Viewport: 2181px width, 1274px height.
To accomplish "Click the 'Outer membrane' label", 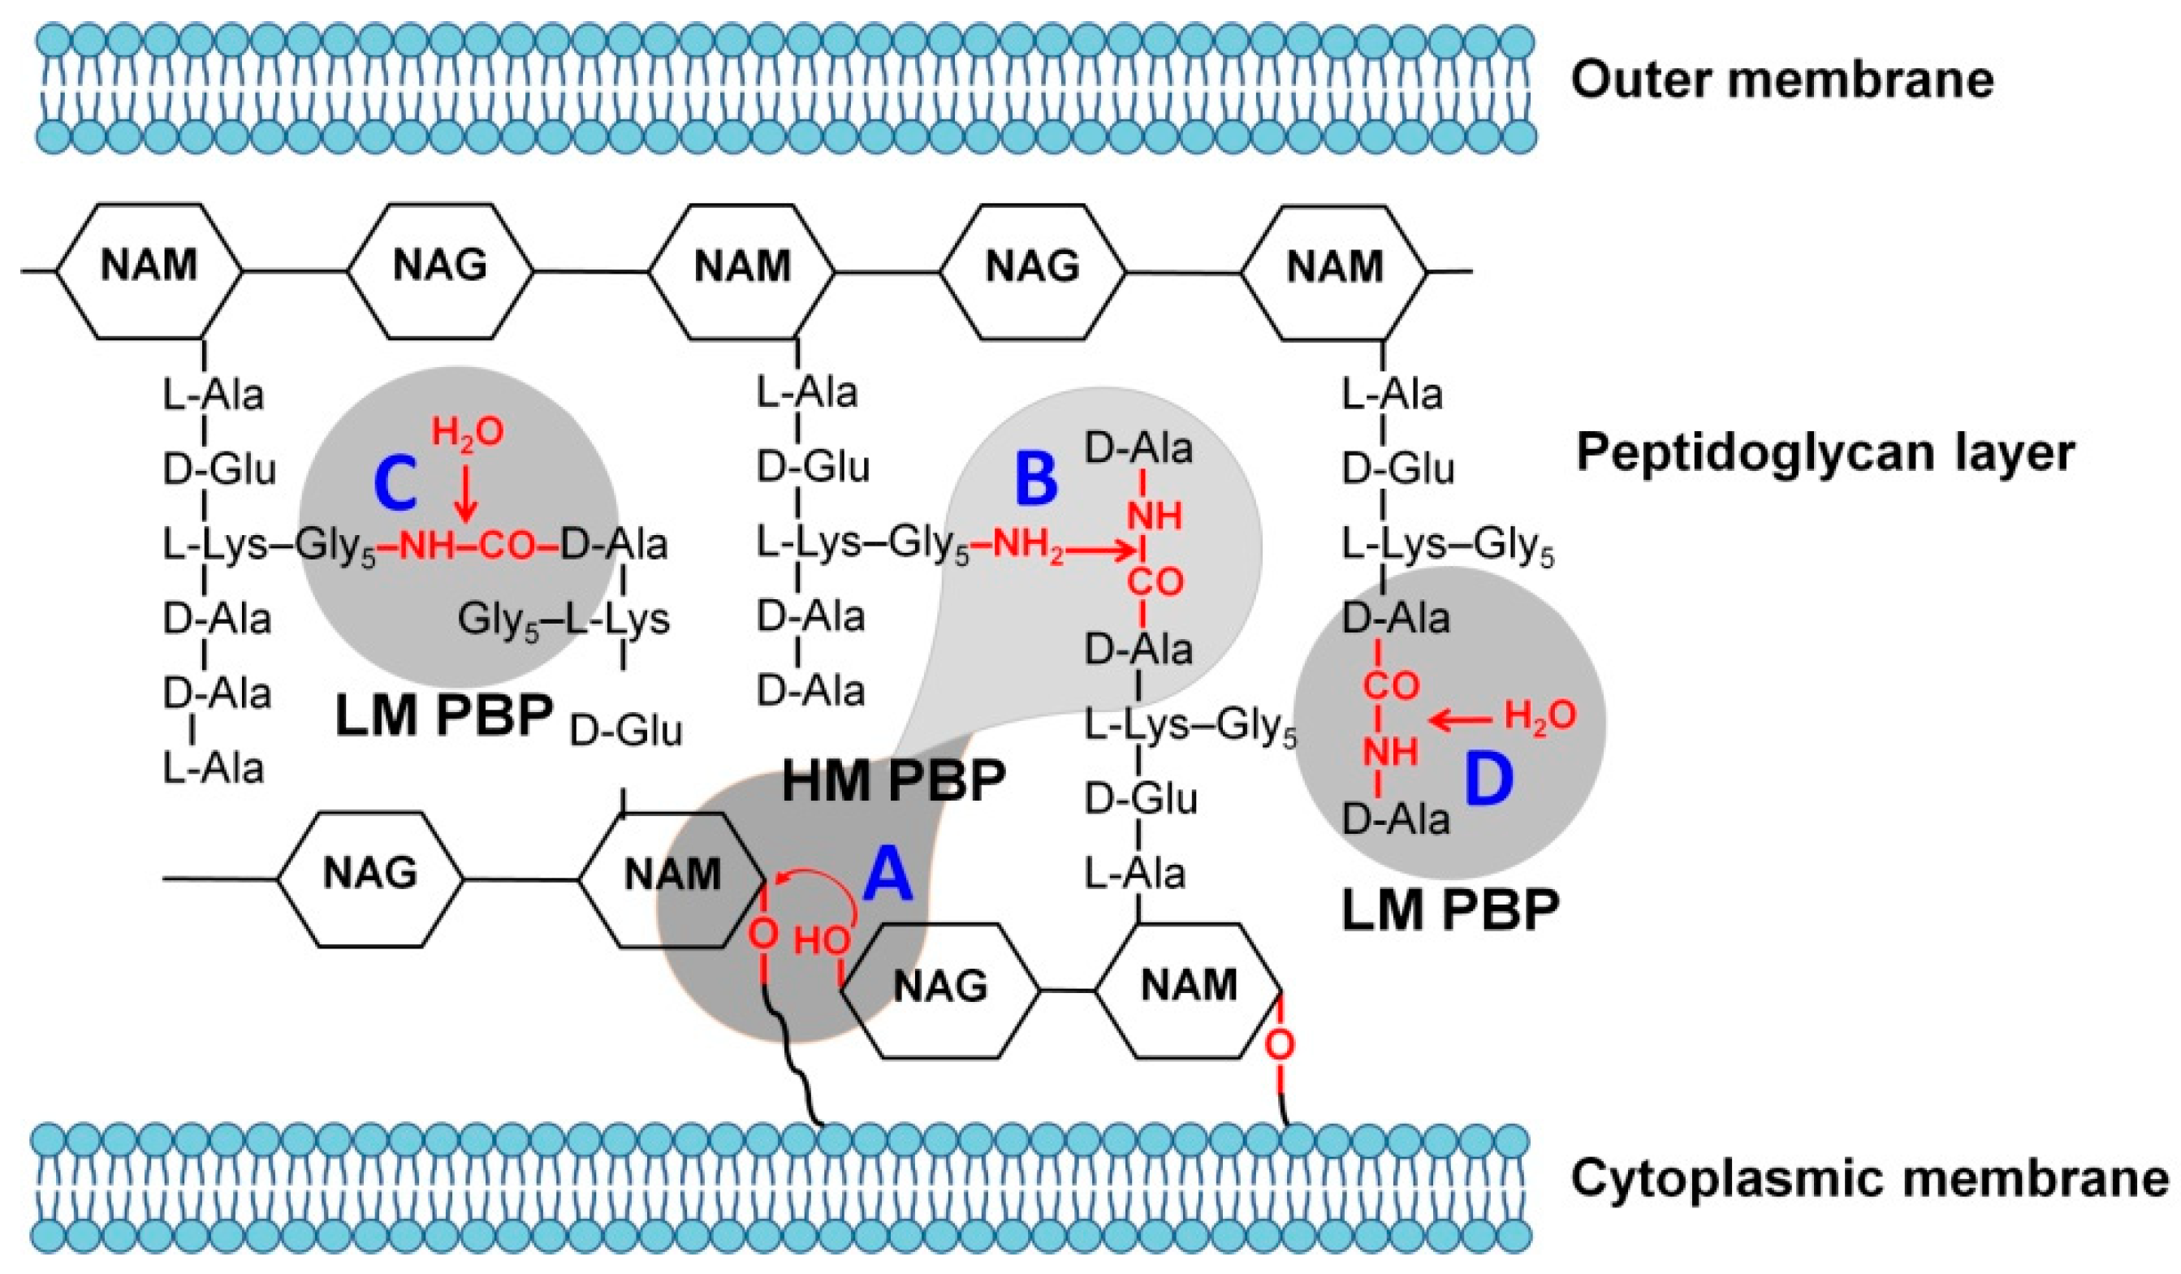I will point(1782,80).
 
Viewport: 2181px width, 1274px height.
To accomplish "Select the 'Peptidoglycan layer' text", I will point(1825,454).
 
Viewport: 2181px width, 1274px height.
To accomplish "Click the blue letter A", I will point(889,875).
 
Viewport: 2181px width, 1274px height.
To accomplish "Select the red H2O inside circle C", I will point(468,432).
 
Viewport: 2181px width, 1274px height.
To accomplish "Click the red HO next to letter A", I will point(822,942).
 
